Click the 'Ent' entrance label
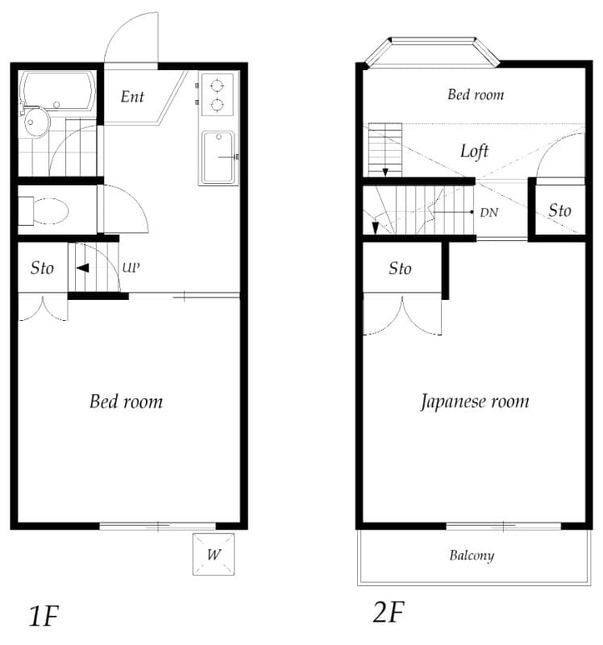coord(132,97)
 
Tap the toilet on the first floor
coord(48,211)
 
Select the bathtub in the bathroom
coord(56,90)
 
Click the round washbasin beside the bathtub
coord(36,123)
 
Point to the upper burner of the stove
coord(216,85)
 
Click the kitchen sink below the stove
coord(218,156)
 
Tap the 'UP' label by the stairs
coord(131,267)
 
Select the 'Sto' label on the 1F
coord(42,268)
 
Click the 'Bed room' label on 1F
coord(126,401)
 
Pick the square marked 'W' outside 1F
coord(214,554)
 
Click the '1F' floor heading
coord(44,617)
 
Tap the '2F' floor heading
coord(387,614)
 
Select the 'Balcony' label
coord(472,556)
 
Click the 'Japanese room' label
coord(475,401)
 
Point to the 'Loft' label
coord(474,151)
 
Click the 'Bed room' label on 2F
coord(476,94)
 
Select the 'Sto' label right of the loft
coord(559,210)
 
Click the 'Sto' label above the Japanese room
coord(400,268)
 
